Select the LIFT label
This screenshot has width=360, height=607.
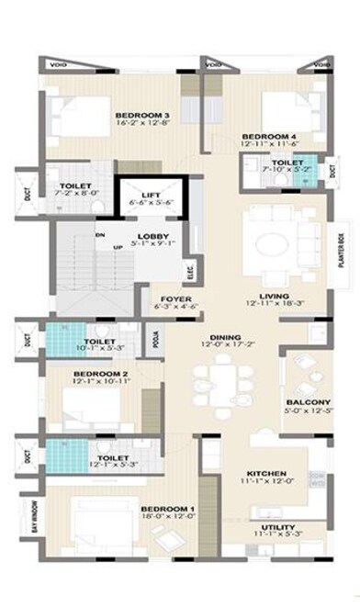(x=152, y=194)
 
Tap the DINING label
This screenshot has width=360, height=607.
(x=218, y=337)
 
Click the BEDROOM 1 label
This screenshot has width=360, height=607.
(x=167, y=509)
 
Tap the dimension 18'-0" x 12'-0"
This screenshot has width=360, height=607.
(x=167, y=518)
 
